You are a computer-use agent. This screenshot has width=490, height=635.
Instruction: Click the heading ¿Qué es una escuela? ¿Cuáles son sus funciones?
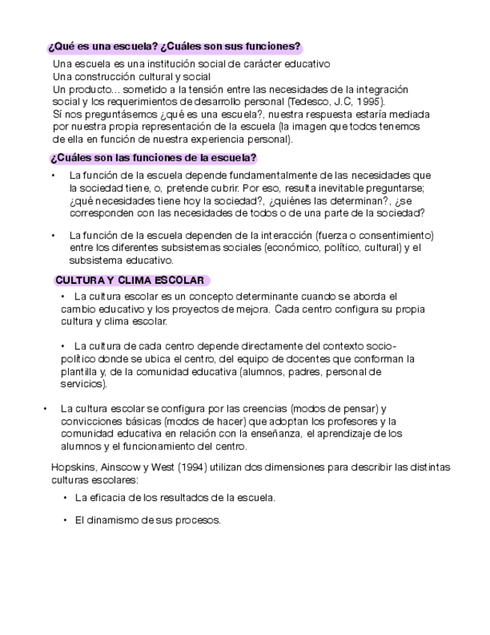(x=174, y=46)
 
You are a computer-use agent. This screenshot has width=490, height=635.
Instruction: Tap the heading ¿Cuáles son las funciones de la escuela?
(x=153, y=158)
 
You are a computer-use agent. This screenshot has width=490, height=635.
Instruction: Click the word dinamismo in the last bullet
(x=115, y=520)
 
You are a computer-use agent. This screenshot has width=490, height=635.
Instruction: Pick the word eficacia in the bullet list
(x=108, y=497)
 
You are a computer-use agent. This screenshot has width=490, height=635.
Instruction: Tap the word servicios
(x=82, y=384)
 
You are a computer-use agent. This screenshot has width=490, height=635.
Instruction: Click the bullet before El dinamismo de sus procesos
(x=66, y=520)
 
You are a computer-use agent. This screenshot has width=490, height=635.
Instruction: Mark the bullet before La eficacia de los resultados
(x=66, y=497)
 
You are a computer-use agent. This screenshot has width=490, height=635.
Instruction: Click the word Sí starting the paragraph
(x=58, y=115)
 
